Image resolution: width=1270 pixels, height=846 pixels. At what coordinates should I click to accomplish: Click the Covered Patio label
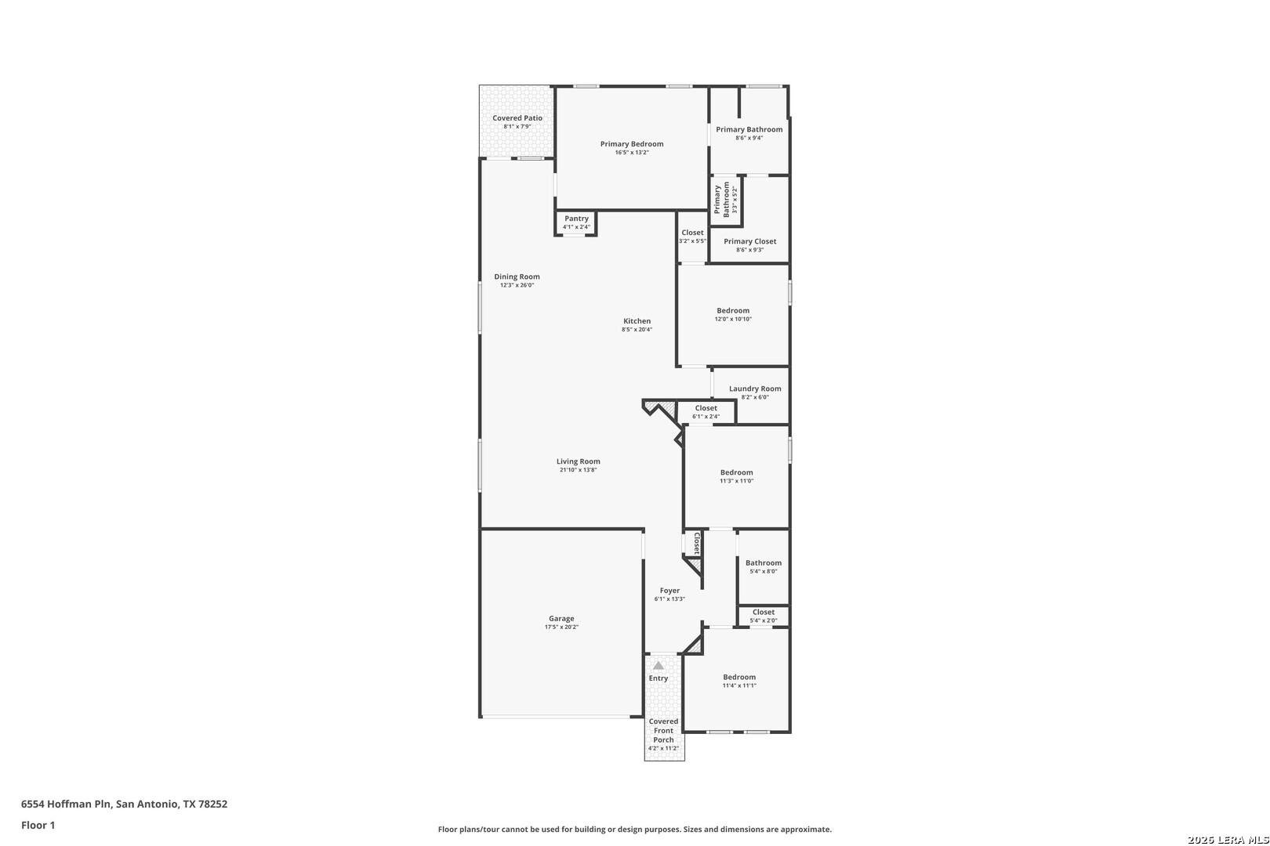coord(517,117)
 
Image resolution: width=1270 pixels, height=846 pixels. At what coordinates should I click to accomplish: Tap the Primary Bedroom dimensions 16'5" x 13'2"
coord(632,153)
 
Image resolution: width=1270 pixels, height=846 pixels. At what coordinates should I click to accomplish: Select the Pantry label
coord(576,218)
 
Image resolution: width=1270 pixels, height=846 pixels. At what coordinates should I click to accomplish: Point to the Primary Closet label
coord(749,240)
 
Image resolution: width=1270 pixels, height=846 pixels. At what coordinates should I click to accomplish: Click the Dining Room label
coord(517,277)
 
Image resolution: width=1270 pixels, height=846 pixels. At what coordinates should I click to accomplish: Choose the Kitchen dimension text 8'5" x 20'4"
coord(637,329)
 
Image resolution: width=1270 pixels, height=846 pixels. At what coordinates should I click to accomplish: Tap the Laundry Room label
coord(755,389)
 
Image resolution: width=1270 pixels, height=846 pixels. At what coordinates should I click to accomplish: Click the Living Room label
coord(578,461)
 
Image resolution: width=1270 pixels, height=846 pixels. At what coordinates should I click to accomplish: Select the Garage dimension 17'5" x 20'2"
coord(561,627)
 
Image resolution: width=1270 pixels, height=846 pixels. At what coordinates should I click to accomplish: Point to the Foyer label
coord(669,590)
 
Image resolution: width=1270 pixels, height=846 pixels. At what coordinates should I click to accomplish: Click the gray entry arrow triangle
coord(658,665)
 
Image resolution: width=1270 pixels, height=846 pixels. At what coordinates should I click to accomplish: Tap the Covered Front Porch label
coord(663,730)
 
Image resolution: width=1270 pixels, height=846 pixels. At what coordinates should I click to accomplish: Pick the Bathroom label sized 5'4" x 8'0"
coord(763,562)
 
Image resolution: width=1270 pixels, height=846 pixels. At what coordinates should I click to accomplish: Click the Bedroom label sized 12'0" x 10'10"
coord(732,310)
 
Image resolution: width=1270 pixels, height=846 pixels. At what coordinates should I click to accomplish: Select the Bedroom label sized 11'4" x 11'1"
coord(738,677)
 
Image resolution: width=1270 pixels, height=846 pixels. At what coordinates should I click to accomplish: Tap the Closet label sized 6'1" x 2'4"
coord(706,408)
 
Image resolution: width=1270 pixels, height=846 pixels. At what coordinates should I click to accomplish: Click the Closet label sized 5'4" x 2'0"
coord(763,612)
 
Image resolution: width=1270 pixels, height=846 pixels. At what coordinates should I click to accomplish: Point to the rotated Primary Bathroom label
coord(721,199)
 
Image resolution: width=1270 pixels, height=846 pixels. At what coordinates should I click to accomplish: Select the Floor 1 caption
coord(38,825)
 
